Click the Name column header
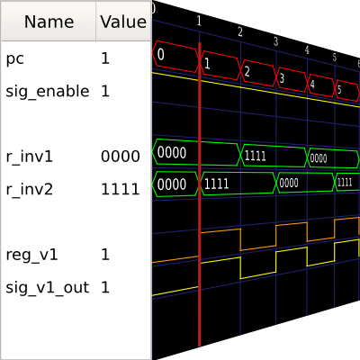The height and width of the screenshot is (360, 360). point(49,22)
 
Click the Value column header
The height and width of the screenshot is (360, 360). point(123,22)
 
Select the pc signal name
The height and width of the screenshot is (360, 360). point(14,58)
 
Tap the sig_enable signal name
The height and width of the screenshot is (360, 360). point(48,91)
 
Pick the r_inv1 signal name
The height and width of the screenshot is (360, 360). point(29,157)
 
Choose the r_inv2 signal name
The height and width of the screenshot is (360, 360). point(29,189)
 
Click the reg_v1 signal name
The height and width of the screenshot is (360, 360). point(31,255)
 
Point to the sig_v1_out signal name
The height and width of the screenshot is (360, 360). point(48,287)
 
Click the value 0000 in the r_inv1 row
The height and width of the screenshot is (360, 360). point(121,157)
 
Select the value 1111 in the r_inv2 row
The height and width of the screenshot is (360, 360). point(121,189)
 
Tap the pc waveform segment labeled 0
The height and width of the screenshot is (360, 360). point(176,56)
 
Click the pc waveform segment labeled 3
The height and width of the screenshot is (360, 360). point(292,78)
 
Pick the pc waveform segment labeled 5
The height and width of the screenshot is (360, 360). point(346,90)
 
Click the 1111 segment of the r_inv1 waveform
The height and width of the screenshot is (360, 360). point(274,156)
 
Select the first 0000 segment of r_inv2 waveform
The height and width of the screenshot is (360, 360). point(176,184)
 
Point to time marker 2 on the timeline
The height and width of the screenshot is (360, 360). point(240,31)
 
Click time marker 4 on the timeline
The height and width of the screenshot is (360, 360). point(307,49)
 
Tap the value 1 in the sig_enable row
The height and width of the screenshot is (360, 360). point(105,91)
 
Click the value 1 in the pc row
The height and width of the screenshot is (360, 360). point(105,58)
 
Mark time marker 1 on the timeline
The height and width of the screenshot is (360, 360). point(199,21)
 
